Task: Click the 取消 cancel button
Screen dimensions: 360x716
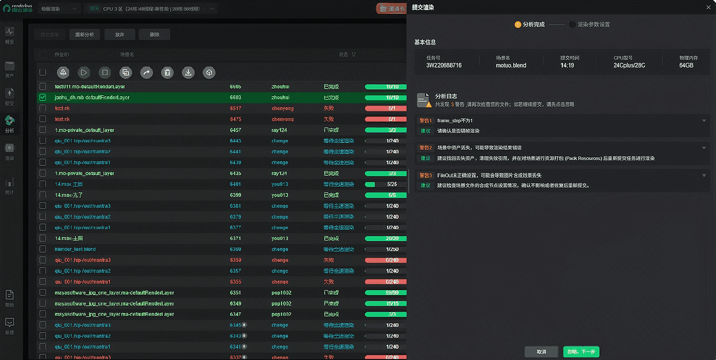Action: (x=541, y=352)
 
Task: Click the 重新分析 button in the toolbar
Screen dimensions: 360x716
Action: (x=84, y=35)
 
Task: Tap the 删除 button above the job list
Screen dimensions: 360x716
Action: (x=154, y=35)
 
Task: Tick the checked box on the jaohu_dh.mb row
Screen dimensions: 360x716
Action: (x=43, y=98)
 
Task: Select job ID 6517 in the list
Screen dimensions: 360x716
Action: (x=235, y=108)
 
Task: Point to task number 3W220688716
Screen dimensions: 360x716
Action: (x=444, y=66)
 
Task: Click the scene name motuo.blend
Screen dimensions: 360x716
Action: (x=511, y=66)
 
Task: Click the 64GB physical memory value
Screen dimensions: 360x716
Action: (x=686, y=66)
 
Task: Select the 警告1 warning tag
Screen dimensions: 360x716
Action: (x=425, y=121)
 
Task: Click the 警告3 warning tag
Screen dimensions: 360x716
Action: (x=425, y=175)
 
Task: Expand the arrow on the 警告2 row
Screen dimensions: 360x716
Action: (x=704, y=148)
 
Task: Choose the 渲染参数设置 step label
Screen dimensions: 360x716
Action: (x=593, y=25)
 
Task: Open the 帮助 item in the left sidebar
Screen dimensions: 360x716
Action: (x=10, y=298)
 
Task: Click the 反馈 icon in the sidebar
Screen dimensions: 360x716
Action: (x=10, y=325)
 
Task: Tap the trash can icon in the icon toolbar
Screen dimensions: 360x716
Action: (x=167, y=73)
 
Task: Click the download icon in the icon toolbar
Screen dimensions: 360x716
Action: (x=188, y=73)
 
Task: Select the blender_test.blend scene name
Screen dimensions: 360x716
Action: (x=75, y=249)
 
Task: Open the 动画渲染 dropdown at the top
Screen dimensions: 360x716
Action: (x=59, y=9)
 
